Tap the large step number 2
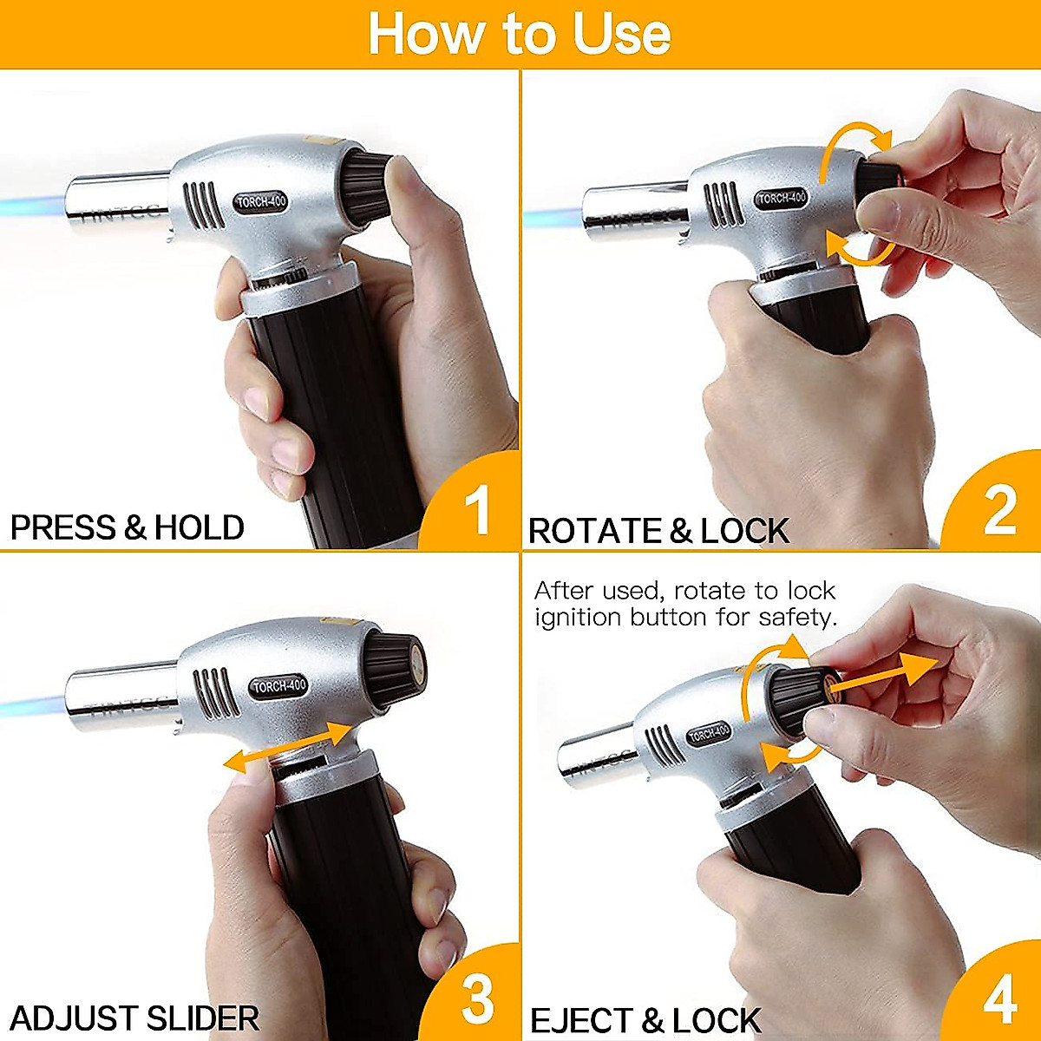pos(999,511)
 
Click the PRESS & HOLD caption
pos(127,527)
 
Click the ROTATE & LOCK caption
pos(658,531)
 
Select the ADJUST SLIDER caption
pos(134,1018)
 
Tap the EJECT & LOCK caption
pos(645,1020)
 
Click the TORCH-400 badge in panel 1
pos(261,202)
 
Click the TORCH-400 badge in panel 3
pos(279,685)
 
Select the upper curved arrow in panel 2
pos(854,143)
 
